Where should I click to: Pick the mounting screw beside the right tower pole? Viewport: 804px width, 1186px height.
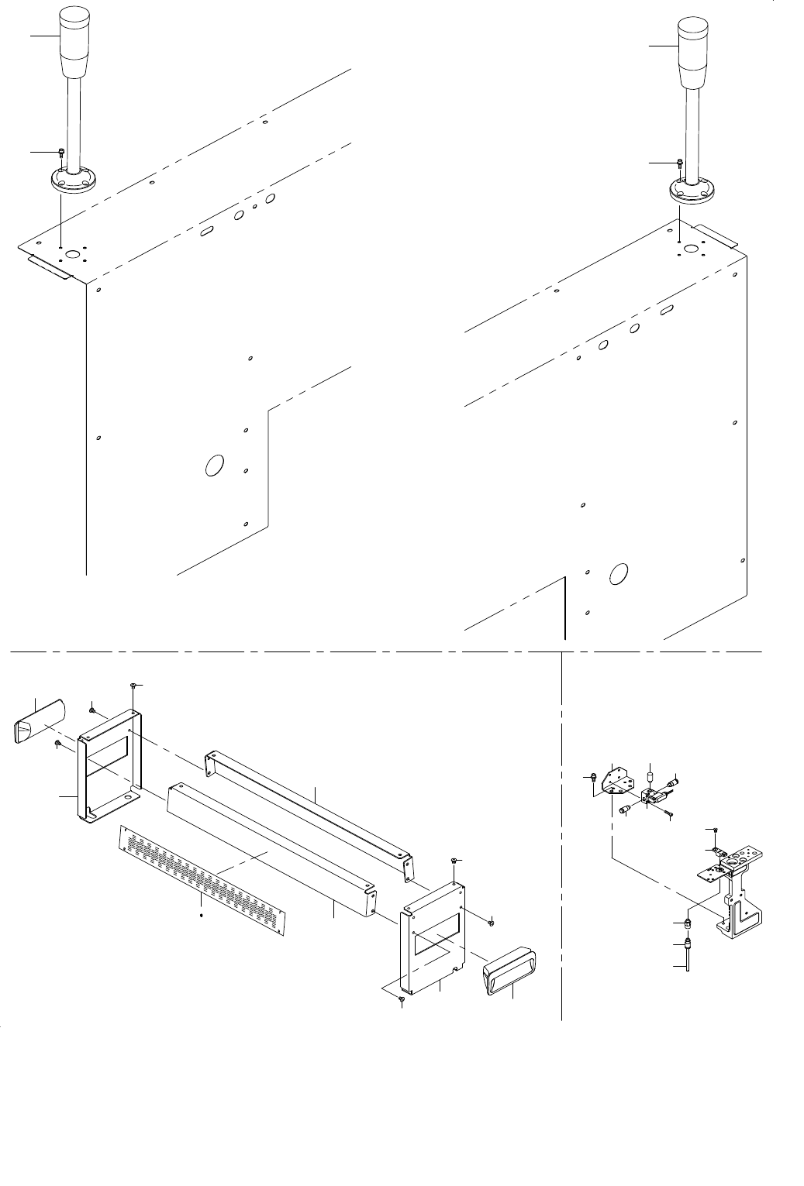(680, 163)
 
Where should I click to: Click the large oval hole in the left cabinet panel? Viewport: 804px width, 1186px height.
(213, 466)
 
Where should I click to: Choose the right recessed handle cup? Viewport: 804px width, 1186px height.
(512, 968)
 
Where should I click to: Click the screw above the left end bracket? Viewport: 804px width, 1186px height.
(133, 686)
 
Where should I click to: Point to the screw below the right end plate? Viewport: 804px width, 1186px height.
(402, 1000)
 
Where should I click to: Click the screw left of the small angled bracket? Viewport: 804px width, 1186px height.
(592, 775)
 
